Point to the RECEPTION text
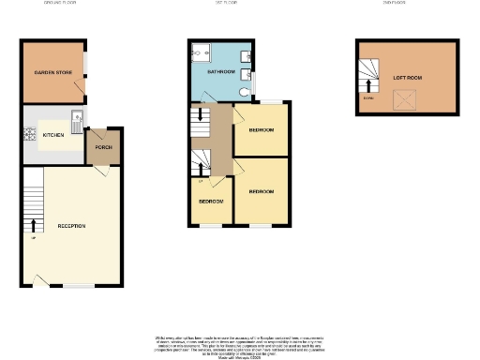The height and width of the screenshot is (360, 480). point(72,226)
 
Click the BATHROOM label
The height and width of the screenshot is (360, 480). point(220,71)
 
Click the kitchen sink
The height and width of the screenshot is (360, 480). point(78,118)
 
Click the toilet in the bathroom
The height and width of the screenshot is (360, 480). point(244,91)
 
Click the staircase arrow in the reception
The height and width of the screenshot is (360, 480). point(35,225)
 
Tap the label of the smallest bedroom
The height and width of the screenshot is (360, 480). point(210,202)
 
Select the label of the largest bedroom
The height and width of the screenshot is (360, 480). point(261,191)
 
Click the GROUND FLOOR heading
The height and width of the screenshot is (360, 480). point(60,3)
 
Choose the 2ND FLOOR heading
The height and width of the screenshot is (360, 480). point(406,3)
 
